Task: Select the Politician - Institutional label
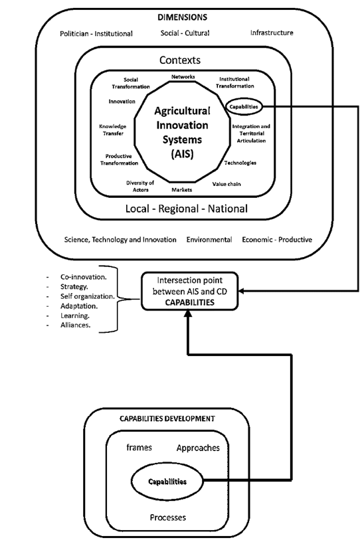96,33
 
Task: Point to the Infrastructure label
272,33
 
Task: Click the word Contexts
179,60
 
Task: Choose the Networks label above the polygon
183,77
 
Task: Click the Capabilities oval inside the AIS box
243,106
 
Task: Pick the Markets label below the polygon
182,190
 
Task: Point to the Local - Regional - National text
187,209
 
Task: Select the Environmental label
209,239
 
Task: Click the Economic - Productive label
277,239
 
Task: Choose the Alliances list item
75,325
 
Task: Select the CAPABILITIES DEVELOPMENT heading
167,418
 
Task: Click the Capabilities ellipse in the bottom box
167,480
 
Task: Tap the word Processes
167,517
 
